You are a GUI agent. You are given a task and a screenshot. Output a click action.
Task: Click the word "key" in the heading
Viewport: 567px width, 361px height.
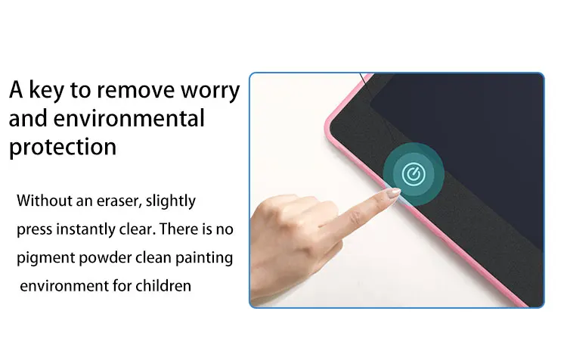pyautogui.click(x=45, y=91)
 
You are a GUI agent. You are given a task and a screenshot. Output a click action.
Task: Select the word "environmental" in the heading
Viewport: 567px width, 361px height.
pyautogui.click(x=129, y=118)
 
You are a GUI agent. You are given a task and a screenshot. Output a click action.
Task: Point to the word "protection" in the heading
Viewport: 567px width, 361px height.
pyautogui.click(x=63, y=148)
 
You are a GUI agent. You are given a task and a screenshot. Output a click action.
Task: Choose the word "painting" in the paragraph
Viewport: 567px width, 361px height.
pyautogui.click(x=204, y=259)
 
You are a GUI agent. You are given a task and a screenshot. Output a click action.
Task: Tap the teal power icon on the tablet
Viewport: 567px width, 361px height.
pyautogui.click(x=414, y=174)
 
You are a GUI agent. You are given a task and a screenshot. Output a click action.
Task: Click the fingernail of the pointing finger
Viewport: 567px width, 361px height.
pyautogui.click(x=393, y=193)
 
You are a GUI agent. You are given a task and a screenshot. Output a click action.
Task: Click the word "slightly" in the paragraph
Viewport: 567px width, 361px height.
pyautogui.click(x=170, y=201)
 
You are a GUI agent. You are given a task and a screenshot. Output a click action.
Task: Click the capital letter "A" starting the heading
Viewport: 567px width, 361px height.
pyautogui.click(x=16, y=90)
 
